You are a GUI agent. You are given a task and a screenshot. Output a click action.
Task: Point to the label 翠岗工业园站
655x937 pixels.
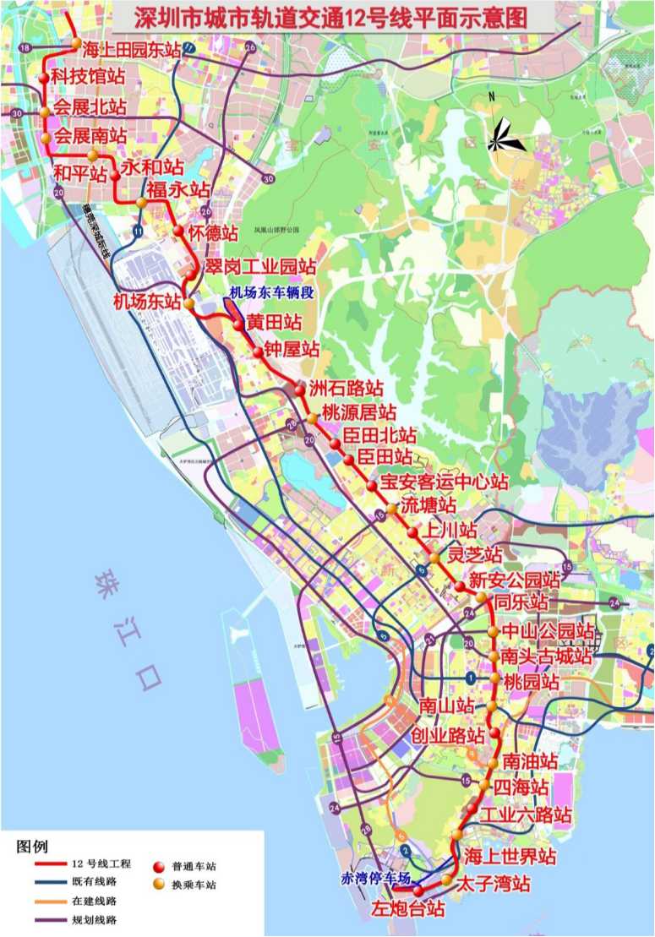click(260, 268)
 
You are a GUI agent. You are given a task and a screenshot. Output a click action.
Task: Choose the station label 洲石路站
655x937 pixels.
click(346, 390)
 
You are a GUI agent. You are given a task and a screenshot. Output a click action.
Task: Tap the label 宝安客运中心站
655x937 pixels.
click(444, 482)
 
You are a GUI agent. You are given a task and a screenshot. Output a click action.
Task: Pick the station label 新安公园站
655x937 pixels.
click(514, 580)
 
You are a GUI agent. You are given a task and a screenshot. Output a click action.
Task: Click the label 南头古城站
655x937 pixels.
click(546, 656)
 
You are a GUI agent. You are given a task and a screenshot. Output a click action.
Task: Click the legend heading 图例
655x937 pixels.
click(32, 847)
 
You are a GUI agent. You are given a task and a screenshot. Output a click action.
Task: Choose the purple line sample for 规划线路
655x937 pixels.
click(50, 919)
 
